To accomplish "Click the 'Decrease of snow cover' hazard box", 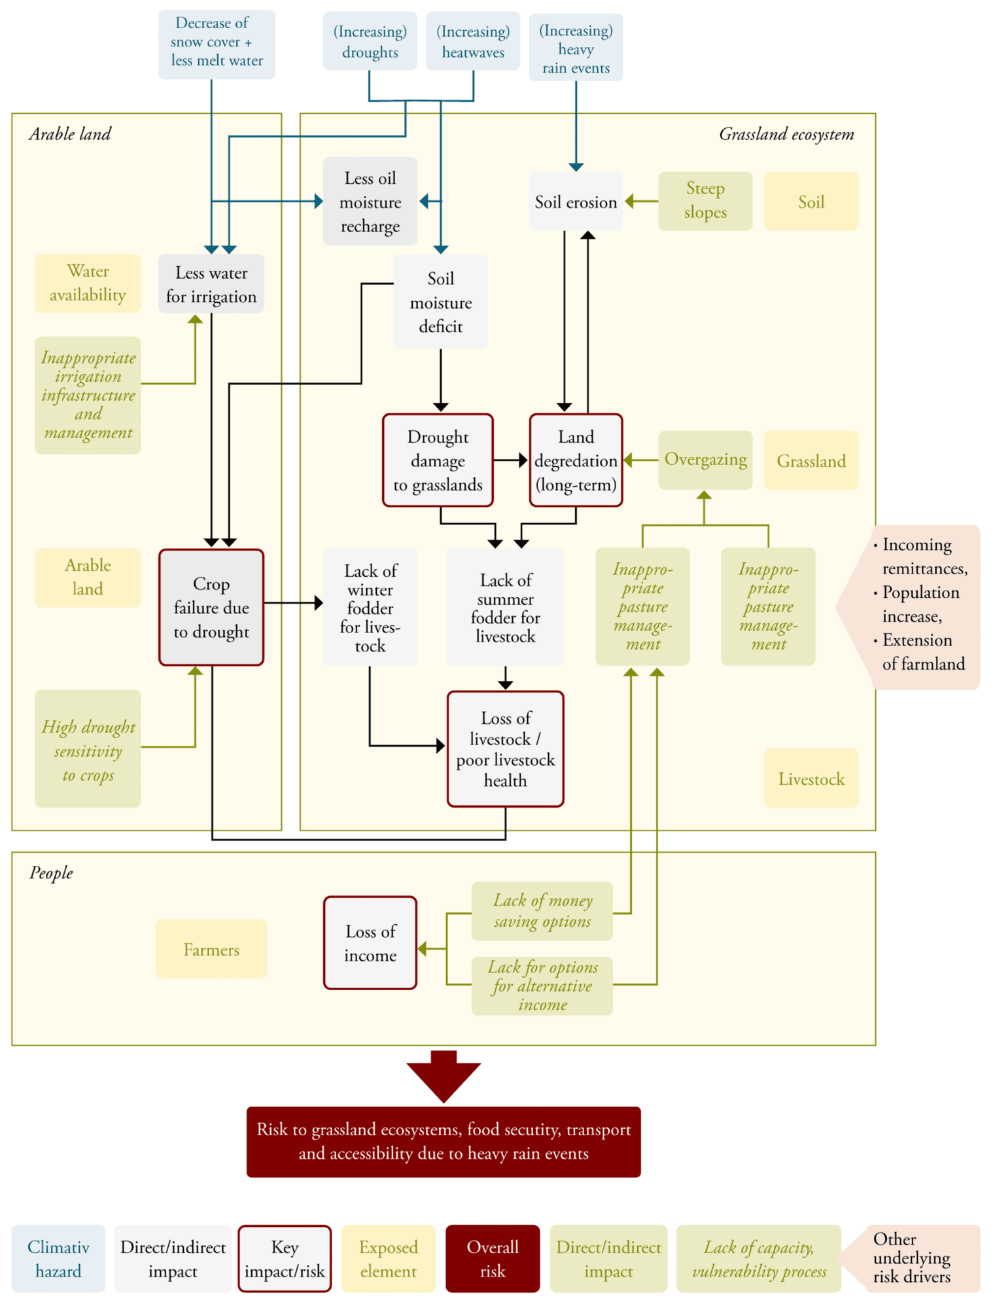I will (217, 43).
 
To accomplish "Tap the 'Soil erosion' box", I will (576, 201).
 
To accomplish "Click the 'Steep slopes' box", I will (705, 201).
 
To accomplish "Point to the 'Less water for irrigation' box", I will (211, 284).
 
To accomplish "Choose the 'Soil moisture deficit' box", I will (440, 301).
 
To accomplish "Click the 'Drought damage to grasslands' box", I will (438, 460).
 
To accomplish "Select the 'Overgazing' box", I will (705, 460).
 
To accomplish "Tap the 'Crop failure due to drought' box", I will (211, 608).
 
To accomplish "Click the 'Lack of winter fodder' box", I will (370, 608).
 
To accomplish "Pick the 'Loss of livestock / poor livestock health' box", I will (506, 749).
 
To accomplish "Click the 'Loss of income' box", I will (370, 942).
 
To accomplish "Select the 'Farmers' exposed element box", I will (211, 949).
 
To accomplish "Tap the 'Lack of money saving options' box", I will (542, 911).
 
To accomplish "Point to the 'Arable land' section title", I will (70, 134).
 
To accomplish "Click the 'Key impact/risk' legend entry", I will (285, 1258).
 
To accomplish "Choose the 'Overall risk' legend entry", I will (493, 1258).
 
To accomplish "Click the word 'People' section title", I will (51, 873).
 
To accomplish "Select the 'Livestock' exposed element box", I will (811, 778).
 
